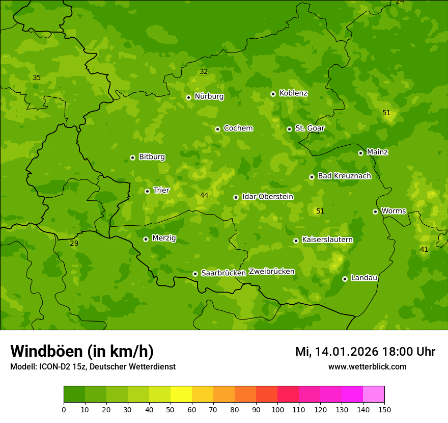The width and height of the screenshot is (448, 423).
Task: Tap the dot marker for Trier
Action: tap(147, 191)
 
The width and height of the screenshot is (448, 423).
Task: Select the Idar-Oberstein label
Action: tap(268, 196)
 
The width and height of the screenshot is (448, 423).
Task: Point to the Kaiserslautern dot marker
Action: tap(296, 241)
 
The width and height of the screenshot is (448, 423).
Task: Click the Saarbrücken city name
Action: tap(223, 273)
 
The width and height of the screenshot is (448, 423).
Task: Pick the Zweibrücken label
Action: tap(271, 271)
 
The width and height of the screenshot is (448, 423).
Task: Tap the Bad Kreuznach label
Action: tap(344, 176)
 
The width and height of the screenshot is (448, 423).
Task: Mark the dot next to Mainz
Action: tap(360, 153)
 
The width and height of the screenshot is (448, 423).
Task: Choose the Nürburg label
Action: tap(209, 96)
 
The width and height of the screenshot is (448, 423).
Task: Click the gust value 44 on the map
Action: tap(204, 195)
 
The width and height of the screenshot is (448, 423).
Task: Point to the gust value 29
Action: tap(74, 243)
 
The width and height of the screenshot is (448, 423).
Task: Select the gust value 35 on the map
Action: tap(37, 77)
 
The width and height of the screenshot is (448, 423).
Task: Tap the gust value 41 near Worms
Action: tap(424, 249)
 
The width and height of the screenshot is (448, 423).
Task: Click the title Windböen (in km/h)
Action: tap(82, 351)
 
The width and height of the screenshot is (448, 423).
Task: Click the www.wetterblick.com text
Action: tap(367, 366)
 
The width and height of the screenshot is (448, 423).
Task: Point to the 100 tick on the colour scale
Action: tap(277, 409)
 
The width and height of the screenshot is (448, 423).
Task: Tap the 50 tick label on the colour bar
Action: tap(171, 409)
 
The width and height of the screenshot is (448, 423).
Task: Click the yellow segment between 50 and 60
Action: tap(181, 394)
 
